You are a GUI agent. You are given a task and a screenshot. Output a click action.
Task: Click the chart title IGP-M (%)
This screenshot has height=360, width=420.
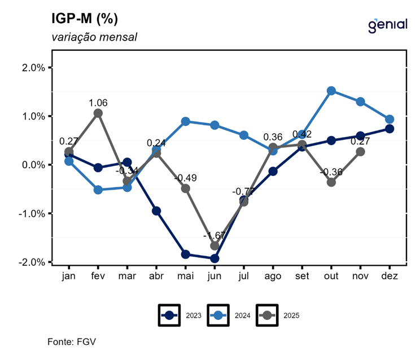[x=85, y=19]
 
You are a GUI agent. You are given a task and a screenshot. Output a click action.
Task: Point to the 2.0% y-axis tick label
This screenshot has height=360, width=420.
[x=34, y=68]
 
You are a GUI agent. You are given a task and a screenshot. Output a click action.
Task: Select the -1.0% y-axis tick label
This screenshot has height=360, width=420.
[x=33, y=213]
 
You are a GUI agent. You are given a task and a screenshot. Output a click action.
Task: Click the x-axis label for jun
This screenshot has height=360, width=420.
[x=214, y=276]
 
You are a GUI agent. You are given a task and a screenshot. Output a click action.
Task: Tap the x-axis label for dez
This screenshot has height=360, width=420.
[x=390, y=276]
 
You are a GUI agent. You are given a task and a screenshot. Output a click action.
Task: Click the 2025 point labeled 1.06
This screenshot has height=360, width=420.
[x=98, y=113]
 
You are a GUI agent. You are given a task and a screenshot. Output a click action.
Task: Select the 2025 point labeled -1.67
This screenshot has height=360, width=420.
[x=215, y=245]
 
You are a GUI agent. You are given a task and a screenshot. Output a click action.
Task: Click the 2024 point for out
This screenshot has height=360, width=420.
[x=331, y=91]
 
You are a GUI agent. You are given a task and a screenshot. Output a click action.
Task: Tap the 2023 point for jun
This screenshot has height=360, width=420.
[x=215, y=258]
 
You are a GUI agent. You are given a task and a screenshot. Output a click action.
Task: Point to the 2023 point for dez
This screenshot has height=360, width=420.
[x=390, y=129]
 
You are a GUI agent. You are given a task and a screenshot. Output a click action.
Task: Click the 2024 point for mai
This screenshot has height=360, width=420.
[x=185, y=121]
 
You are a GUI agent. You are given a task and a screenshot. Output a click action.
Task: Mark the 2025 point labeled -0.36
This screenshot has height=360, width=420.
[x=331, y=182]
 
